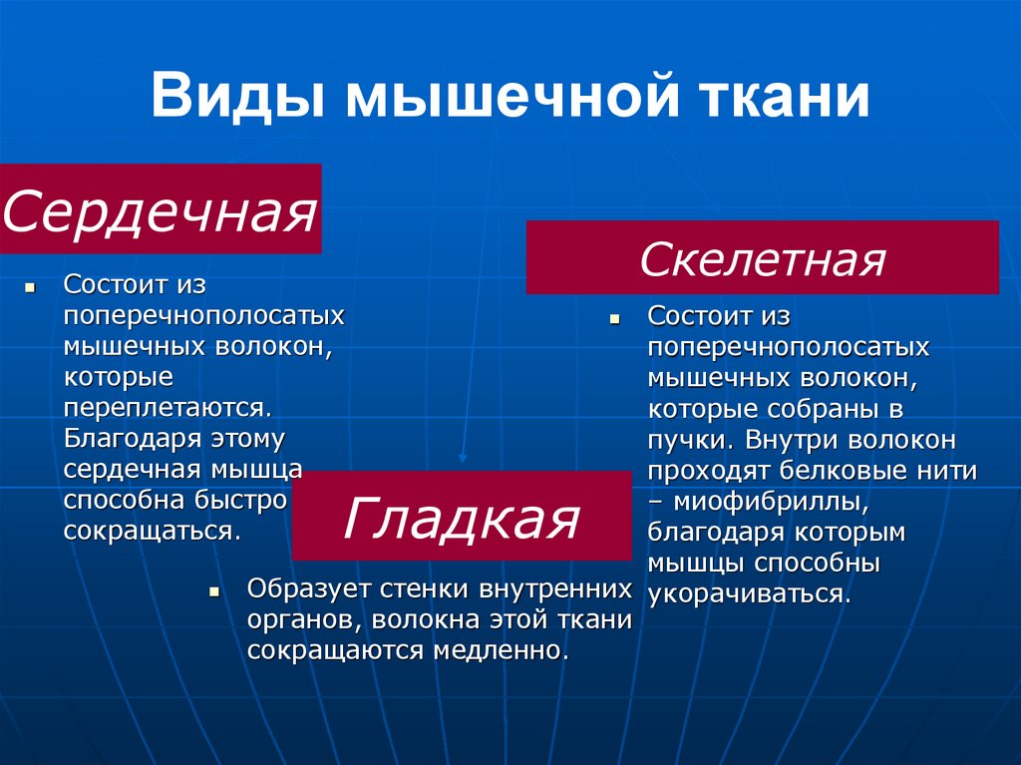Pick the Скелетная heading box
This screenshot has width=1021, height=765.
(x=762, y=258)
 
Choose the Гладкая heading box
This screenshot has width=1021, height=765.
(x=461, y=517)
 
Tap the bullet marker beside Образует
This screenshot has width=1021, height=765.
(x=213, y=590)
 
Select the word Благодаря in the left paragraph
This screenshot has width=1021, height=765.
(x=133, y=439)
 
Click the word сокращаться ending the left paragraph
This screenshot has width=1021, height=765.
(x=151, y=530)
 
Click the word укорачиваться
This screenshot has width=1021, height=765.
(x=748, y=594)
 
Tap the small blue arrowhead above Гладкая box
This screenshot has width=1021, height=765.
(x=462, y=458)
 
